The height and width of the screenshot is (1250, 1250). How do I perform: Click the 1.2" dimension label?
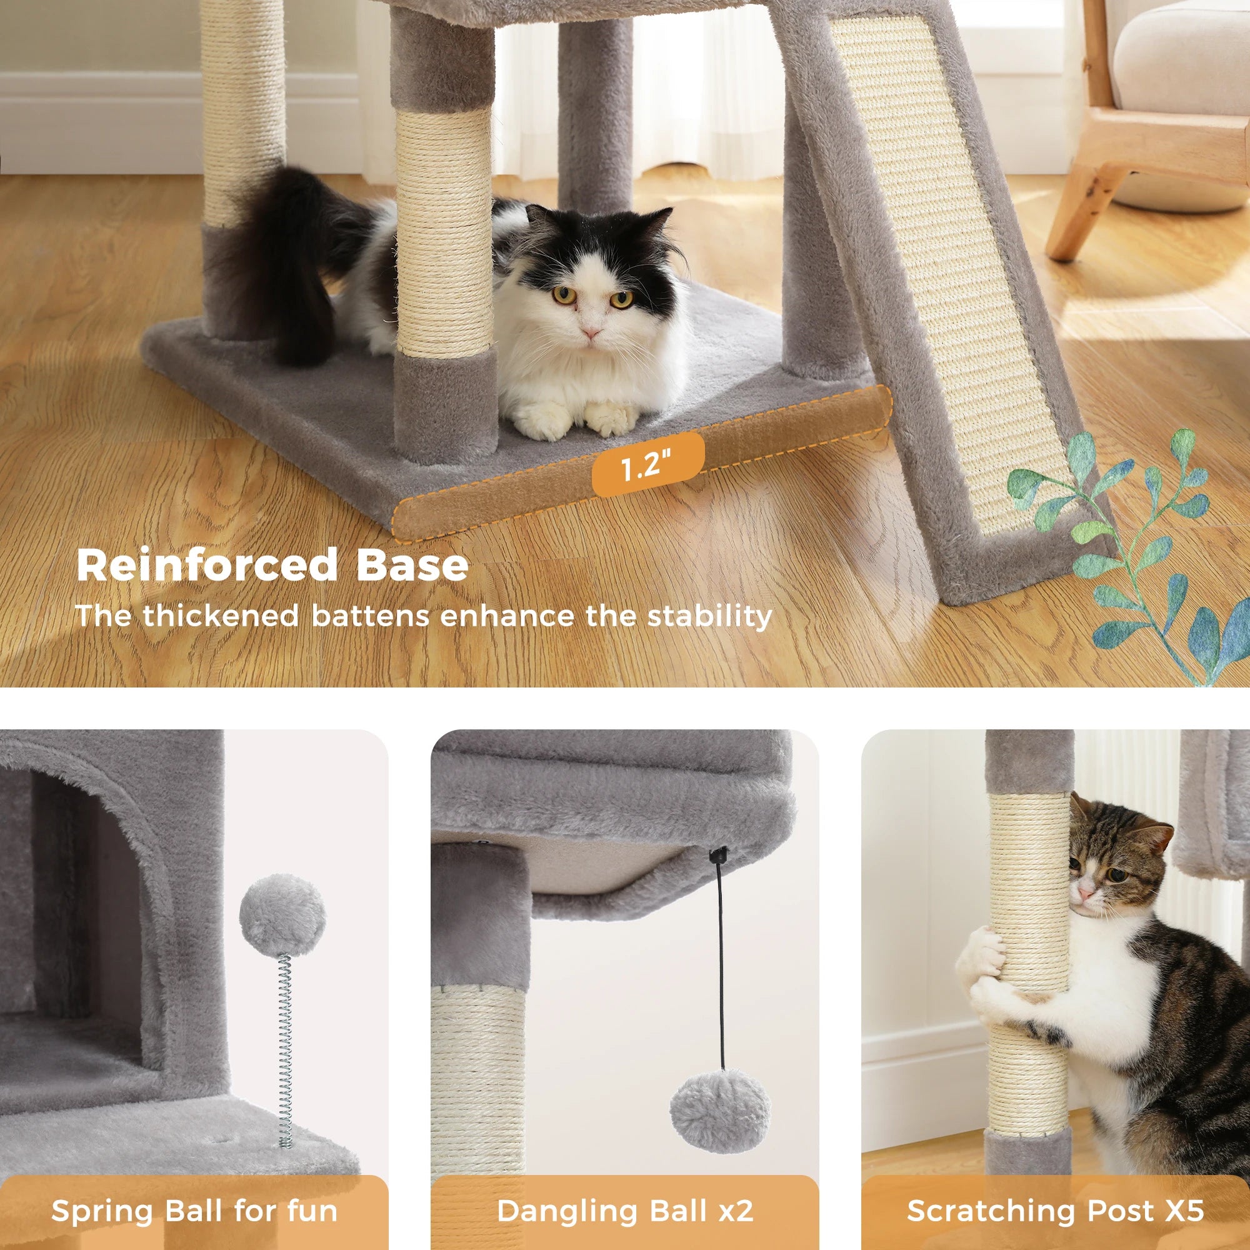(x=647, y=464)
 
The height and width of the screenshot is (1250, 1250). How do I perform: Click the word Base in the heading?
(x=412, y=565)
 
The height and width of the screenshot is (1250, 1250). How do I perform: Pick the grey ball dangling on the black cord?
(x=719, y=1111)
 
